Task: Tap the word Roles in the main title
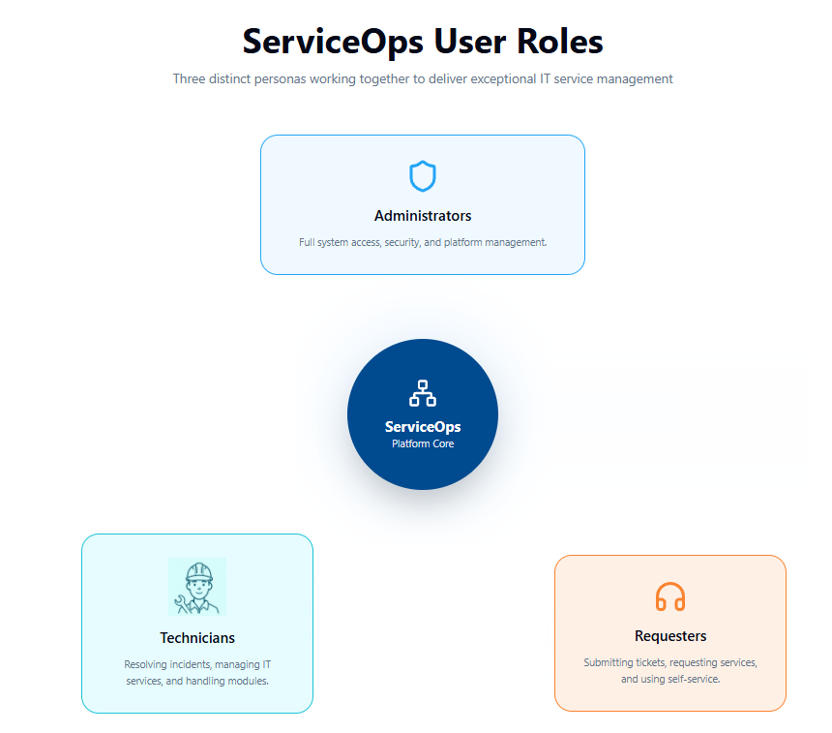[560, 42]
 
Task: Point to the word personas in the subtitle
[280, 79]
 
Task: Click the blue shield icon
[423, 176]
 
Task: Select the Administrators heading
[423, 216]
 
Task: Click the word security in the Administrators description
[402, 242]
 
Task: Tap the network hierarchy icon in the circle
[423, 393]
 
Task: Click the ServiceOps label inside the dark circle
[423, 426]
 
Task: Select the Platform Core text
[423, 443]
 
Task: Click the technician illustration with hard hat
[197, 587]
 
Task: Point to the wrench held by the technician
[182, 604]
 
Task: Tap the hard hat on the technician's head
[199, 572]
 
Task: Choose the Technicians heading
[197, 638]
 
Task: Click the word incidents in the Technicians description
[190, 664]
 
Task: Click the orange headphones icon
[670, 596]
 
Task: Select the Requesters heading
[670, 636]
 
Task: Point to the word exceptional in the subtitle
[503, 79]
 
